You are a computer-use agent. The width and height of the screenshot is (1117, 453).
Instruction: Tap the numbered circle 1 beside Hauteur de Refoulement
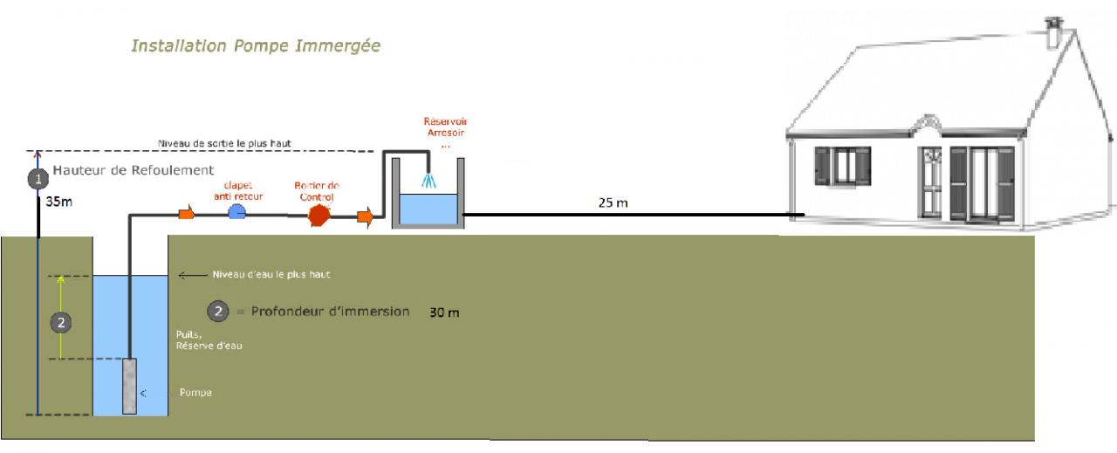[x=37, y=178]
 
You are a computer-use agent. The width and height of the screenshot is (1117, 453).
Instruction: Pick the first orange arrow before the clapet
[x=186, y=214]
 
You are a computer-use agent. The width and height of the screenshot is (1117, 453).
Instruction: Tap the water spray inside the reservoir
[x=428, y=179]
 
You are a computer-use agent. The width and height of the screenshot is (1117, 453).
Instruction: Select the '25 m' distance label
[x=612, y=202]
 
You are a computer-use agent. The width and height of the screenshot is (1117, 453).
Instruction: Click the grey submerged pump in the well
[x=129, y=386]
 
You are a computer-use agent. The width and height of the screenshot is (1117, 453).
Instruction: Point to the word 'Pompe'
[x=195, y=393]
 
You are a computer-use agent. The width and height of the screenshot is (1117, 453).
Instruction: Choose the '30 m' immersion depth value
[x=444, y=312]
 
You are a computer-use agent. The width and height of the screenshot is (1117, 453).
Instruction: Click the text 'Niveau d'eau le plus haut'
[x=271, y=274]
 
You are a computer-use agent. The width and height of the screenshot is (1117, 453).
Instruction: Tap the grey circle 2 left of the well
[x=60, y=323]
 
